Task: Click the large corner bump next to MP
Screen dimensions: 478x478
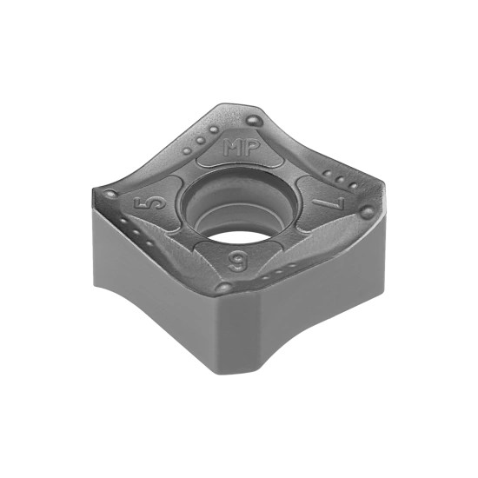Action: pyautogui.click(x=253, y=120)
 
